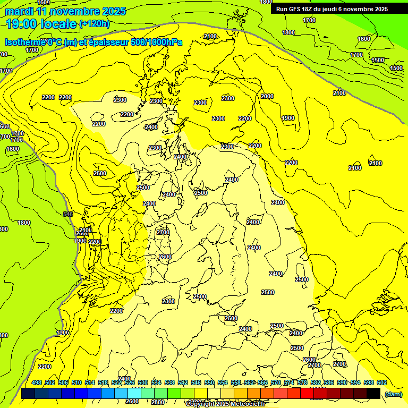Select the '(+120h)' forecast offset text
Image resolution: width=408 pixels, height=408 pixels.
coord(95,23)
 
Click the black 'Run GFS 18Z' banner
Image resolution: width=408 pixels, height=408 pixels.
coord(331,8)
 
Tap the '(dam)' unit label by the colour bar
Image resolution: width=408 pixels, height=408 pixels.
coord(393,394)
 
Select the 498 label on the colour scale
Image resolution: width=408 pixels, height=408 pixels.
coord(37,382)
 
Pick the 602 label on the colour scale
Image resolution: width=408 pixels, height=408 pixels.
coord(382,382)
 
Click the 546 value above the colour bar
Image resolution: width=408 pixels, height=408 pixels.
coord(196,382)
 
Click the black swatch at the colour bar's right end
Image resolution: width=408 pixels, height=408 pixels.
coord(373,394)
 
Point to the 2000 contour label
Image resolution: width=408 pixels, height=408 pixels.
coord(267,96)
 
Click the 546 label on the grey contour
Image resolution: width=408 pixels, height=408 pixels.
coord(67,214)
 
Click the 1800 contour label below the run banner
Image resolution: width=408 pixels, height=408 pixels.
coord(288,32)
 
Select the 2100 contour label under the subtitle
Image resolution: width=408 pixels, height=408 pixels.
coord(210,36)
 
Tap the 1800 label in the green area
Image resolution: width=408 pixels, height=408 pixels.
coord(24,223)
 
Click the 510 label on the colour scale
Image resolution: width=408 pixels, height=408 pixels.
coord(76,382)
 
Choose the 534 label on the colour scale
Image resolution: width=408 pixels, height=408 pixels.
coord(156,382)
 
